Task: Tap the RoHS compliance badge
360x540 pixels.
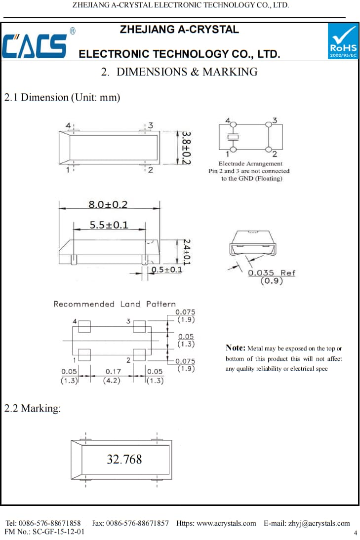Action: pos(343,41)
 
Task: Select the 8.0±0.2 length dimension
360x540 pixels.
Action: pos(108,204)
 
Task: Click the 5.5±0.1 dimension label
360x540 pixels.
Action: pos(109,225)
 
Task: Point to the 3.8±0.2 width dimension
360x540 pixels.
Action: pos(185,147)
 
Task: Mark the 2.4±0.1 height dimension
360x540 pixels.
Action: pos(186,252)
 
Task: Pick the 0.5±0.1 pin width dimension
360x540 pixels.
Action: pos(167,270)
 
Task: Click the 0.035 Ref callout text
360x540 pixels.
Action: pos(271,272)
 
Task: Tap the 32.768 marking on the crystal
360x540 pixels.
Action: pos(124,460)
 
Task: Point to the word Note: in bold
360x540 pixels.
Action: pos(235,348)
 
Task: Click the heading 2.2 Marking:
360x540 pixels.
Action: pos(33,409)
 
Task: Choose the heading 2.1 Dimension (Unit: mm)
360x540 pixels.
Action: pos(62,97)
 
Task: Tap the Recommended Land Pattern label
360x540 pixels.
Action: pos(114,304)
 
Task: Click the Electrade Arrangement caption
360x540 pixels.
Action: pos(250,163)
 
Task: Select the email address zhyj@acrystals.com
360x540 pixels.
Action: pos(319,523)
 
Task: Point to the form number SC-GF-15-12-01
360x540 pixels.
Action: pos(57,532)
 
